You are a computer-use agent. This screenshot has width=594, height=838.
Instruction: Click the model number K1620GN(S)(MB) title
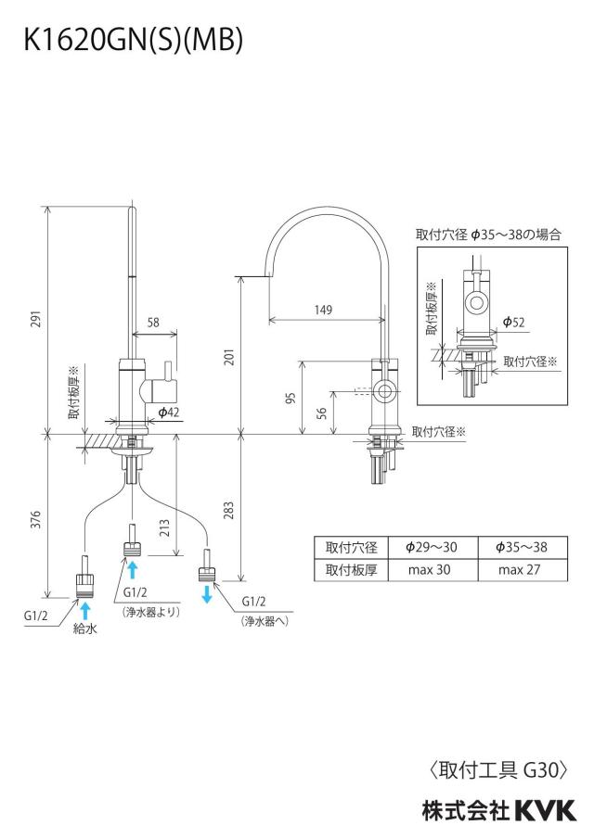(134, 39)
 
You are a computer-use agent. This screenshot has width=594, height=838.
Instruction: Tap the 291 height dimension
(36, 319)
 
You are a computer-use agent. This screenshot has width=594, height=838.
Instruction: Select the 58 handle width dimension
(153, 323)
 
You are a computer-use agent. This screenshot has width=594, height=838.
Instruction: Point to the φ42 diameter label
(169, 412)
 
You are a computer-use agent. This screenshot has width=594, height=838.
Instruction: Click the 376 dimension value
(36, 519)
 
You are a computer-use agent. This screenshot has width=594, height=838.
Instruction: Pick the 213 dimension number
(164, 528)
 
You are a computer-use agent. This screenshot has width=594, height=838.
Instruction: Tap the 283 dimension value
(228, 511)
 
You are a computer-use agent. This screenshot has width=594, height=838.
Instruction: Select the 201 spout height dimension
(229, 357)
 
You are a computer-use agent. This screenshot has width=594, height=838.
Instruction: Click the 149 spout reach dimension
(323, 310)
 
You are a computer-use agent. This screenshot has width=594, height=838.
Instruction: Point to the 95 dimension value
(291, 399)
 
